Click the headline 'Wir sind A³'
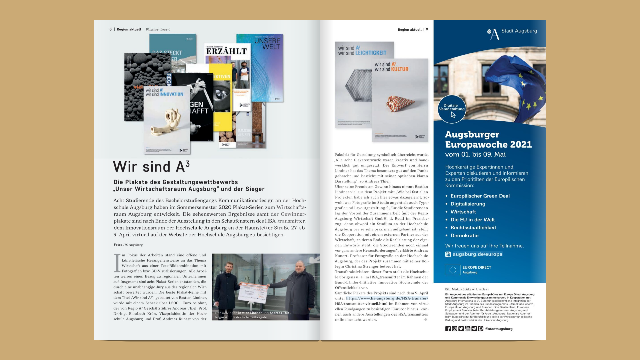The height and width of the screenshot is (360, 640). (x=151, y=167)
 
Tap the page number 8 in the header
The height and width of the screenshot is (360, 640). (x=110, y=29)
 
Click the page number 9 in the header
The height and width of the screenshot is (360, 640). (x=427, y=30)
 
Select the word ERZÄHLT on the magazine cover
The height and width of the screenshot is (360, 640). (x=226, y=51)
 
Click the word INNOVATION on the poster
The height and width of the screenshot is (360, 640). (x=171, y=94)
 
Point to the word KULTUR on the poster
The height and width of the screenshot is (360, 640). (x=400, y=69)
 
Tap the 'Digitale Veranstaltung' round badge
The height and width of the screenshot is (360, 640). (x=452, y=109)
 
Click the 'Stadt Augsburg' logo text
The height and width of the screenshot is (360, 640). (x=519, y=31)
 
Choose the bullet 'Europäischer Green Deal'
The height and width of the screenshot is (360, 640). (x=480, y=196)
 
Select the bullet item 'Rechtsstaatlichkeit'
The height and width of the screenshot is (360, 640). (x=473, y=228)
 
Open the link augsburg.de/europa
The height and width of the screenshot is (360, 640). (x=477, y=254)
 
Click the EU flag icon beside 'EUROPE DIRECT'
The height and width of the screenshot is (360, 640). (x=453, y=270)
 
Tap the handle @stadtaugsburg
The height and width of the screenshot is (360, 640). (x=499, y=329)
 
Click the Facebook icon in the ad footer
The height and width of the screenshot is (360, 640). (x=448, y=329)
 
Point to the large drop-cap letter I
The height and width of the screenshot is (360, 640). (x=117, y=263)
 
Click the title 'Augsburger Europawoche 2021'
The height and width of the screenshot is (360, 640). (x=488, y=139)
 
